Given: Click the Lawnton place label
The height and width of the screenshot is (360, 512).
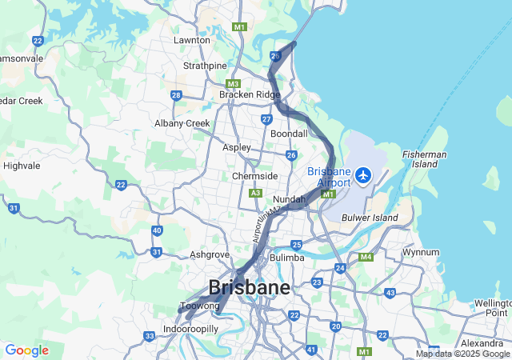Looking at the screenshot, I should click(x=191, y=40).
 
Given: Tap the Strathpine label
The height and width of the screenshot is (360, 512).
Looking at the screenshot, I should click(x=205, y=66).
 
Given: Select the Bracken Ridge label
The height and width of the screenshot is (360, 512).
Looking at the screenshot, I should click(x=249, y=94).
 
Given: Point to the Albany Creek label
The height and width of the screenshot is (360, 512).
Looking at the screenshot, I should click(x=182, y=123).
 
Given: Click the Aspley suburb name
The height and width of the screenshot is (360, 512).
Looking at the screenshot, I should click(x=236, y=148).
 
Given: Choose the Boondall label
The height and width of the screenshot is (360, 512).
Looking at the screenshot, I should click(x=290, y=134).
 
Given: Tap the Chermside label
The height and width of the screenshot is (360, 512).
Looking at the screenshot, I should click(x=255, y=176).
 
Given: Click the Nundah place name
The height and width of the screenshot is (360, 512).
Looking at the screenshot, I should click(x=290, y=199).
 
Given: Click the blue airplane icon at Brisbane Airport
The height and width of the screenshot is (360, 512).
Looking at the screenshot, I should click(x=364, y=174).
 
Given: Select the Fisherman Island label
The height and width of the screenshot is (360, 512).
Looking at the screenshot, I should click(x=425, y=159).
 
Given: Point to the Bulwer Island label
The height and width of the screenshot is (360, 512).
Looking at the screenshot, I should click(x=370, y=217).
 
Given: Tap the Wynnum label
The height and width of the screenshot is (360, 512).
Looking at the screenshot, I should click(x=420, y=252).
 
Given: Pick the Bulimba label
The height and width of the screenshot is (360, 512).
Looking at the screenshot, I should click(x=287, y=258).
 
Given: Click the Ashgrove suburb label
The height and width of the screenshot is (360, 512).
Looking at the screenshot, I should click(x=210, y=255).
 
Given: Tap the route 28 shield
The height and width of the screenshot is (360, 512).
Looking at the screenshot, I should click(x=176, y=95).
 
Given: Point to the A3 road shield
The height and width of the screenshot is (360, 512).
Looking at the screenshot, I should click(x=255, y=193).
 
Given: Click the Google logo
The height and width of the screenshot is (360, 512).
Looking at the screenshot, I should click(x=26, y=350).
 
